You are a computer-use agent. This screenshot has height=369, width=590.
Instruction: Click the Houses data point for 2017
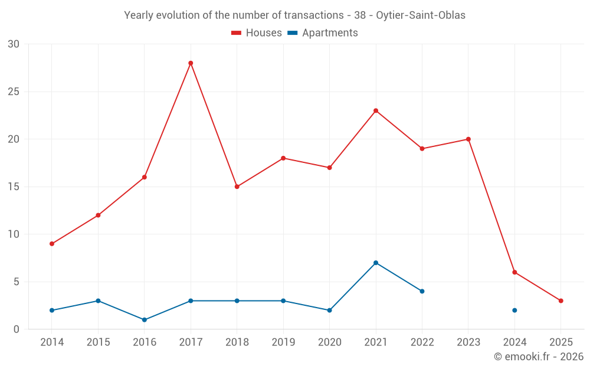point(191,63)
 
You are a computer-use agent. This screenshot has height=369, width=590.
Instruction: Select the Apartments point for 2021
point(376,263)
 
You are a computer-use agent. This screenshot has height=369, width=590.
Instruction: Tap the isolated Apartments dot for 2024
point(514,310)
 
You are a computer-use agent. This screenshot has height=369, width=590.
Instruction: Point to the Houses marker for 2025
point(560,301)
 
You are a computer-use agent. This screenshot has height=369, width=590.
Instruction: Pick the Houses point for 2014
point(52,244)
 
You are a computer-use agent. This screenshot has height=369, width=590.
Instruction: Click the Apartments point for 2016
point(145,319)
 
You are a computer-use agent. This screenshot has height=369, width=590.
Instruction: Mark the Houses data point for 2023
point(468,139)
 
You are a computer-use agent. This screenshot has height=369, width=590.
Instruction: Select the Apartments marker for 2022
point(422,291)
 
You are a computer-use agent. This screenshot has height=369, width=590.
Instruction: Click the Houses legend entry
point(257,33)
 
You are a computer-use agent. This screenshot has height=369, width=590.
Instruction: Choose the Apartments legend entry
point(323,33)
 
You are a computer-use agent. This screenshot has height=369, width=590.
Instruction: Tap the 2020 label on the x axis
point(329,342)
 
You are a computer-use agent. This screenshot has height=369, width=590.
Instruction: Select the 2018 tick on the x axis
point(237,342)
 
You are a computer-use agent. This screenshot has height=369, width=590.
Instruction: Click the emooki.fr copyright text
point(538,357)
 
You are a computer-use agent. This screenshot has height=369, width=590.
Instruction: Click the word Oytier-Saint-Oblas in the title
point(420,15)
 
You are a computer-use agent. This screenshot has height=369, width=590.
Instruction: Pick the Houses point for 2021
point(376,110)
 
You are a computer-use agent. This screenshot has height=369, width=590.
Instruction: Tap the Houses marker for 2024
point(514,272)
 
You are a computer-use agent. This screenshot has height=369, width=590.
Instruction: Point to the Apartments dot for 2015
point(98,301)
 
